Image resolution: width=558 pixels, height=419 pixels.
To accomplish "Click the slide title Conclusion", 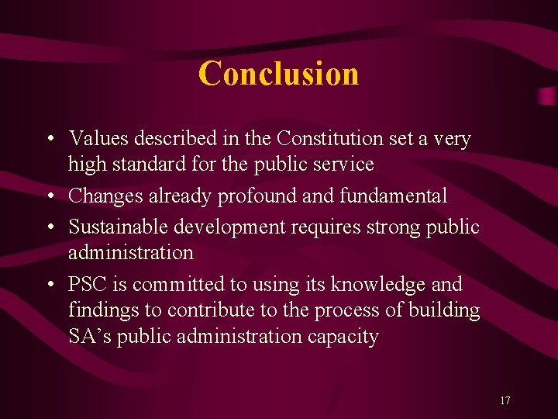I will [278, 74].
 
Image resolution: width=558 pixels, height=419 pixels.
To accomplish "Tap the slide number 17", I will [505, 400].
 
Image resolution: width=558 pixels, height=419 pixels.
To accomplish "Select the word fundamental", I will [391, 196].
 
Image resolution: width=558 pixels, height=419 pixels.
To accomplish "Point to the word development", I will [223, 227].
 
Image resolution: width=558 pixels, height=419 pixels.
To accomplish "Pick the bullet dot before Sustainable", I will [49, 228].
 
